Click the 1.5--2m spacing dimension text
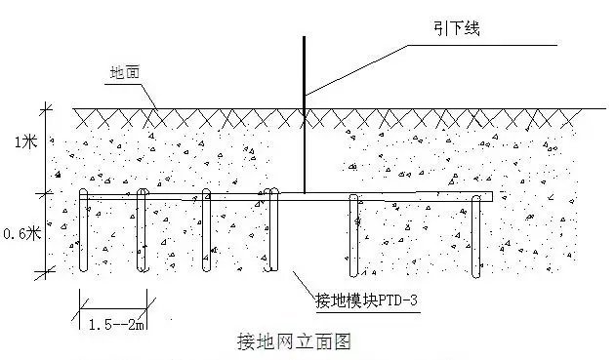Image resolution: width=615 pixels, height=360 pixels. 111,322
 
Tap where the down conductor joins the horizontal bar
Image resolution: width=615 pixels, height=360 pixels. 305,194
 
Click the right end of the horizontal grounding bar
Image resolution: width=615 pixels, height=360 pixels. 490,197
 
